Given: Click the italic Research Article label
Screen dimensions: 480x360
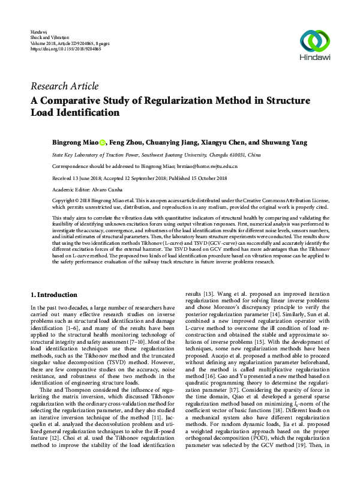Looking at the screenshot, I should click(64, 86).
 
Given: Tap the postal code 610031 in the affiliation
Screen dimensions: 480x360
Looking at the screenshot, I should click(236, 155).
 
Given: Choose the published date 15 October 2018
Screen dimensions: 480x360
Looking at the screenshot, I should click(209, 178).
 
